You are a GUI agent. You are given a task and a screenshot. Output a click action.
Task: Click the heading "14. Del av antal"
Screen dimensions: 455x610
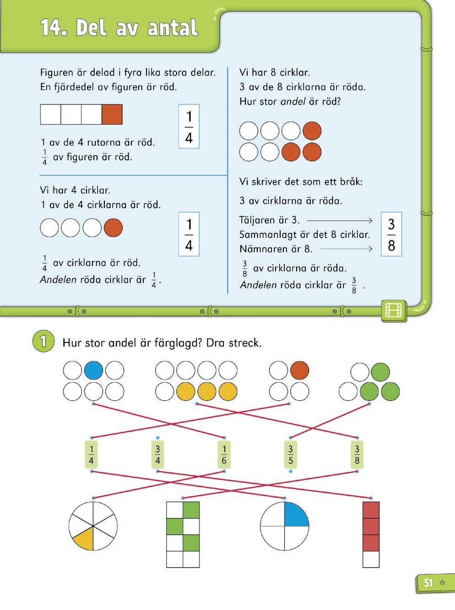119,28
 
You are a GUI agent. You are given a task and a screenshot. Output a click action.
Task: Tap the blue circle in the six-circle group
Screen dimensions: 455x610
93,370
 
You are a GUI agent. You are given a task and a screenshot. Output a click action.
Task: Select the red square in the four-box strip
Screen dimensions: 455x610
112,114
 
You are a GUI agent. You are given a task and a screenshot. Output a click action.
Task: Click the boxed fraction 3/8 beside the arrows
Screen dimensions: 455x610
391,234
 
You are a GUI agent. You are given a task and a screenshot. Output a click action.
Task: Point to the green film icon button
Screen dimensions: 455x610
394,310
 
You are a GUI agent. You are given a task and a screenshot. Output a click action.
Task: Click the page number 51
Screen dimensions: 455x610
428,583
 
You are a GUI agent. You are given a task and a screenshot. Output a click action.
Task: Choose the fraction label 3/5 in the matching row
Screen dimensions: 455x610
290,454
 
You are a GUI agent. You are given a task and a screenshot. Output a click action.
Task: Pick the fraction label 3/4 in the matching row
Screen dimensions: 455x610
157,454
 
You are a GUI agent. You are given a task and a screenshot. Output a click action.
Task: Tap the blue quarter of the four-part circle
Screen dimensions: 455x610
296,514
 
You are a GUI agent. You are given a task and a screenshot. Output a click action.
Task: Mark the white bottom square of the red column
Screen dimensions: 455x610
371,560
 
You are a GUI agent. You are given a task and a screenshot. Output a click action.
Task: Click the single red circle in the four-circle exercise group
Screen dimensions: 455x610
299,370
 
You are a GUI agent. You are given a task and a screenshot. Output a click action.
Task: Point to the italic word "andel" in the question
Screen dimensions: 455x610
292,101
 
